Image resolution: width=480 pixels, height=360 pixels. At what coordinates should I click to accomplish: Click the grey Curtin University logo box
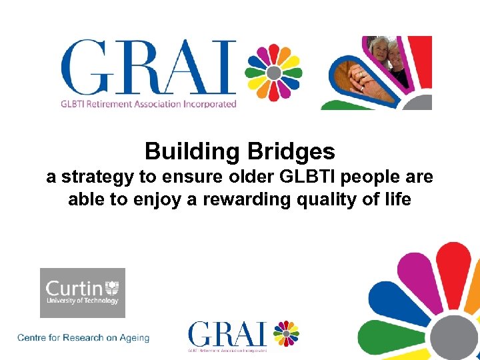[x=83, y=293]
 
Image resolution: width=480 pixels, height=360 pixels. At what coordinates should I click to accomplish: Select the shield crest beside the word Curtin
[x=112, y=288]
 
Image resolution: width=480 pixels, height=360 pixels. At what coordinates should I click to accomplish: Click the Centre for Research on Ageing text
[x=83, y=338]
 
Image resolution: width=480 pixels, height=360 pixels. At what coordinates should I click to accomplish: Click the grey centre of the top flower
[x=273, y=73]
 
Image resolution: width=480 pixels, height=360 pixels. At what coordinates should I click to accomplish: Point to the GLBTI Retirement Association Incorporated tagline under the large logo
[x=148, y=104]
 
